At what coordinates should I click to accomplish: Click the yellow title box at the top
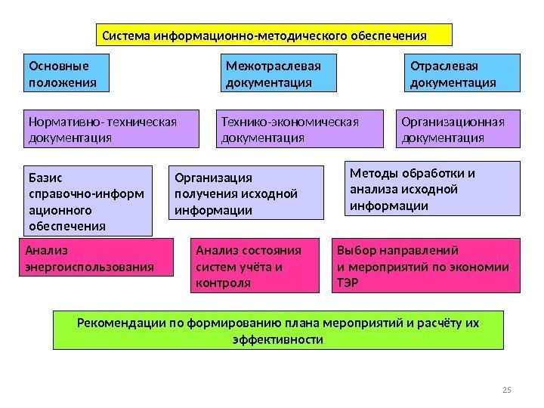point(275,35)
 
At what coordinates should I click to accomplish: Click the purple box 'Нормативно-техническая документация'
point(112,128)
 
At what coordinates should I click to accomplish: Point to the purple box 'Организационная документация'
point(459,128)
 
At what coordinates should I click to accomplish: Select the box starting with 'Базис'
point(88,201)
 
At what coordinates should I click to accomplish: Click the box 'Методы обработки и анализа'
point(433,188)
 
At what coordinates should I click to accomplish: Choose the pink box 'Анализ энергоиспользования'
point(95,258)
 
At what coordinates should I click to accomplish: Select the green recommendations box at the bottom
point(279,331)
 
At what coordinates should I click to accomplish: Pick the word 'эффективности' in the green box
point(277,340)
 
